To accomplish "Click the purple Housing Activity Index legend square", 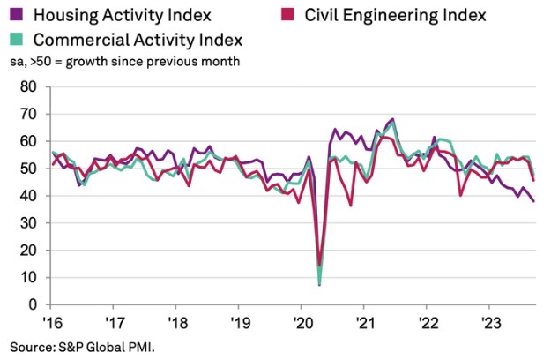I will pyautogui.click(x=16, y=15).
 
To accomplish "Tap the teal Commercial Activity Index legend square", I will pyautogui.click(x=16, y=40).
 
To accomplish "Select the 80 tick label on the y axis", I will pyautogui.click(x=27, y=86).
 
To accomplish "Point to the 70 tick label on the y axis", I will pyautogui.click(x=27, y=114).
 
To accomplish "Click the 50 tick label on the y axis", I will pyautogui.click(x=27, y=169).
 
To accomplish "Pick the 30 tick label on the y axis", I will pyautogui.click(x=27, y=223).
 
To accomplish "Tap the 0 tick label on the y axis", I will pyautogui.click(x=32, y=304).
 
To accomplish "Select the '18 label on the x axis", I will pyautogui.click(x=176, y=321).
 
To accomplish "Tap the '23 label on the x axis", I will pyautogui.click(x=489, y=321).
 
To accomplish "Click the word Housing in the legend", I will pyautogui.click(x=71, y=15).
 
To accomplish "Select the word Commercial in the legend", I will pyautogui.click(x=82, y=40).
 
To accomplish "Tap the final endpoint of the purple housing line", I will pyautogui.click(x=532, y=201).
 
